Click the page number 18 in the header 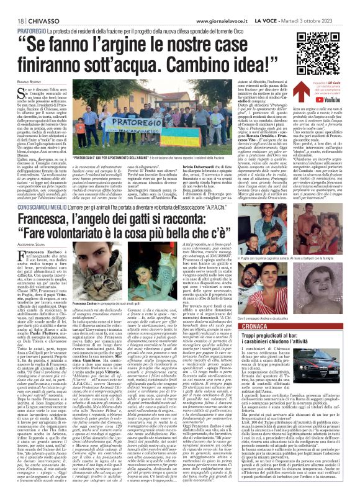click(x=11, y=5)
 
